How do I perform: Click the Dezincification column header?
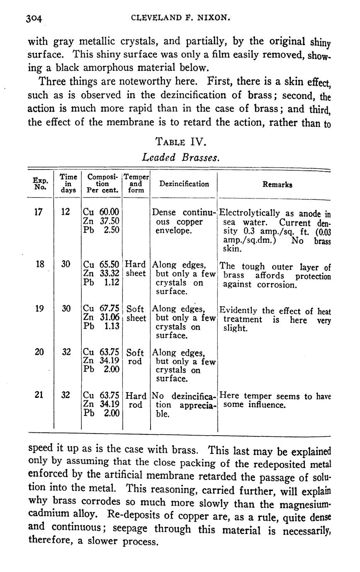click(x=184, y=184)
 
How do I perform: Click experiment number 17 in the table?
click(x=38, y=212)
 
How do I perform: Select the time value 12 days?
click(x=66, y=212)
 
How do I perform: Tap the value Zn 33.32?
click(x=101, y=274)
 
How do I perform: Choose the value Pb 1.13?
click(x=101, y=327)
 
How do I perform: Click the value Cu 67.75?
click(x=101, y=309)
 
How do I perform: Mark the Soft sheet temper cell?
click(x=136, y=313)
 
